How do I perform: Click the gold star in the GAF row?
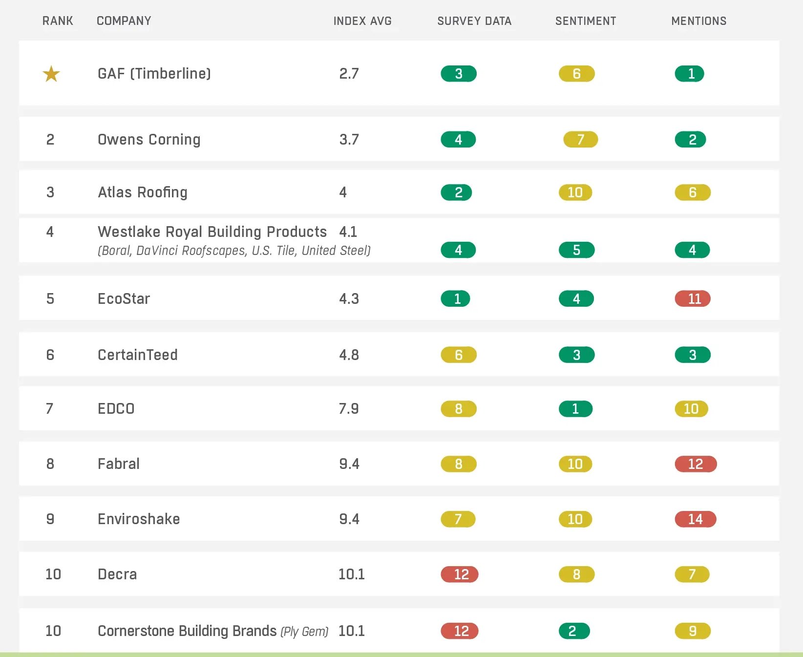pos(51,74)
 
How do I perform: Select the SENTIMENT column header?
pos(585,21)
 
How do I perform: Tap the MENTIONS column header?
pos(698,21)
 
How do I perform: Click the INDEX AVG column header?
pos(362,21)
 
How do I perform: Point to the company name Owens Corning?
pos(149,140)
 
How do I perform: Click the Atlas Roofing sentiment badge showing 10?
pos(575,192)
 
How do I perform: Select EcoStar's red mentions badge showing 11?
pos(693,298)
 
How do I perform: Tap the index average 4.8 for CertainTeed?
pos(349,355)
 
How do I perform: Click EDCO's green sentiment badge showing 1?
pos(575,409)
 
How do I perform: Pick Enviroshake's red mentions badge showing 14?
pos(695,519)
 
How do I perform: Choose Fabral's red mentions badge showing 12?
pos(695,464)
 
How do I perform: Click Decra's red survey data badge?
pos(459,574)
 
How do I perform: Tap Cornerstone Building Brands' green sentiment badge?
pos(574,631)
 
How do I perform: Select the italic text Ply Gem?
pos(304,632)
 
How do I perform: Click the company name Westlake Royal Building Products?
pos(212,232)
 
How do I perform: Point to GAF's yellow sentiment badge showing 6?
pos(576,74)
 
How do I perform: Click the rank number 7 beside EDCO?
pos(49,409)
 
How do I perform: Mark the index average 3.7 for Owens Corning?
pos(349,140)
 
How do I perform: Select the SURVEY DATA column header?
pos(474,21)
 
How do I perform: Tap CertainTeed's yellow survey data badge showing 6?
pos(458,355)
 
